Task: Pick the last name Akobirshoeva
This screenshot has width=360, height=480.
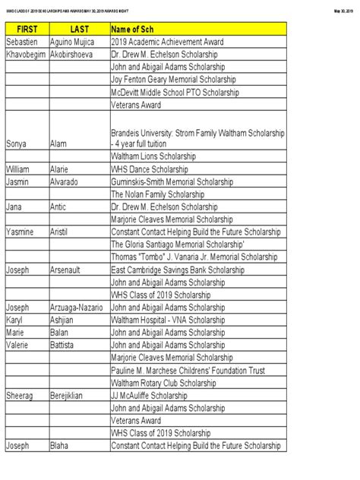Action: pyautogui.click(x=77, y=55)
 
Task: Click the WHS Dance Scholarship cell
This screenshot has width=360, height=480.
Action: pyautogui.click(x=156, y=169)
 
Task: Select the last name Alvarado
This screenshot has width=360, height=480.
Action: pyautogui.click(x=67, y=181)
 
